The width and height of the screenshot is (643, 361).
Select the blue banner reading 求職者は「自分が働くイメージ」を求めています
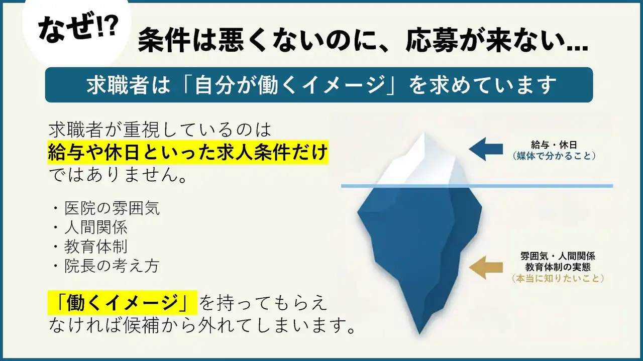(319, 85)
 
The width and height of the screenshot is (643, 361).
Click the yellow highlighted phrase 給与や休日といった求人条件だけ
(188, 152)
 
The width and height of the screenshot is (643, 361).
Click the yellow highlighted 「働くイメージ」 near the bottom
(123, 303)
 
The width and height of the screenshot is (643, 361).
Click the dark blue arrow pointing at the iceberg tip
(486, 149)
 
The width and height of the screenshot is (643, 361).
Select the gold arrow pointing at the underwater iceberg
(486, 268)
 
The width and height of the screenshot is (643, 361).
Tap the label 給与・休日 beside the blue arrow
(554, 145)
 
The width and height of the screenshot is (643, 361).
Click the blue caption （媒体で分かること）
(554, 156)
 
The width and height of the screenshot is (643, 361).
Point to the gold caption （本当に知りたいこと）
(558, 278)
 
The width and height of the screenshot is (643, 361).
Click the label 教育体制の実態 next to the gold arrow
(558, 267)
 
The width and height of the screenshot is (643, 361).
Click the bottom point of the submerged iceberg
(419, 334)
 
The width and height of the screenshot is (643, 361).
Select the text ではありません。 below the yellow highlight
(118, 174)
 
